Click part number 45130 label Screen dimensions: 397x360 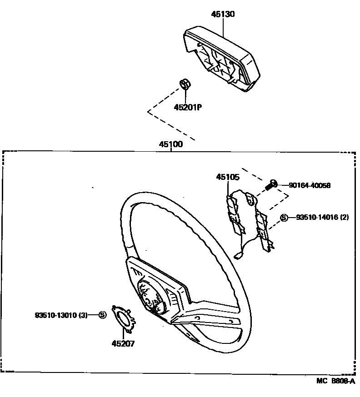pyautogui.click(x=223, y=14)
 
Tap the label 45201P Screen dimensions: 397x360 pyautogui.click(x=187, y=107)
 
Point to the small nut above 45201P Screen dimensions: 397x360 pyautogui.click(x=185, y=84)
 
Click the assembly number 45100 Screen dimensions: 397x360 pyautogui.click(x=171, y=144)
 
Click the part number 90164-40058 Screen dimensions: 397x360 pyautogui.click(x=310, y=185)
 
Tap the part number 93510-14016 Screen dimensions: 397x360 pyautogui.click(x=316, y=218)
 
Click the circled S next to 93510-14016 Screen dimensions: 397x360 pyautogui.click(x=284, y=218)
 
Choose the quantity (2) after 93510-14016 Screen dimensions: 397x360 pyautogui.click(x=344, y=218)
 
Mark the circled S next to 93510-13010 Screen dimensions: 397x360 pyautogui.click(x=102, y=314)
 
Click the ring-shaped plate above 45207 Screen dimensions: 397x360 pyautogui.click(x=123, y=318)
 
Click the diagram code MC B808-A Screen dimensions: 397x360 pyautogui.click(x=335, y=382)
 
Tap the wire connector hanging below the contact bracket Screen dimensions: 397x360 pyautogui.click(x=238, y=255)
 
